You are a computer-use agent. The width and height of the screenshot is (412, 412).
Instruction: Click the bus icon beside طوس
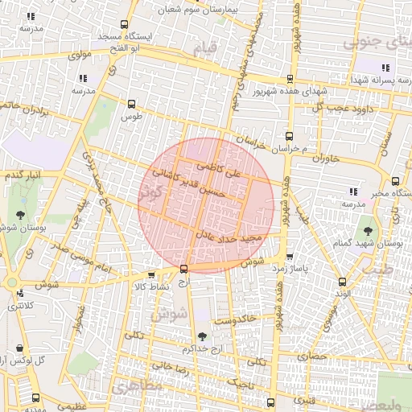(132, 104)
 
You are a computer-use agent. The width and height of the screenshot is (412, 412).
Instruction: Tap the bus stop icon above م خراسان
(289, 136)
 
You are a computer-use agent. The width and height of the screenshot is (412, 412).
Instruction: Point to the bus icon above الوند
(343, 282)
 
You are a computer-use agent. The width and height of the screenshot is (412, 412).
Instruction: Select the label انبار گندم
(22, 175)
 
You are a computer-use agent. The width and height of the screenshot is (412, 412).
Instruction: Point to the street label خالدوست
(237, 320)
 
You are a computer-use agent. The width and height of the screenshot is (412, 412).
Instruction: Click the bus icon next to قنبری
(270, 401)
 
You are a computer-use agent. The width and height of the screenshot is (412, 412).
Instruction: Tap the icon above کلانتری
(15, 293)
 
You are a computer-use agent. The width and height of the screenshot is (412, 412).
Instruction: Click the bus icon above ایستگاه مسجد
(122, 24)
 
